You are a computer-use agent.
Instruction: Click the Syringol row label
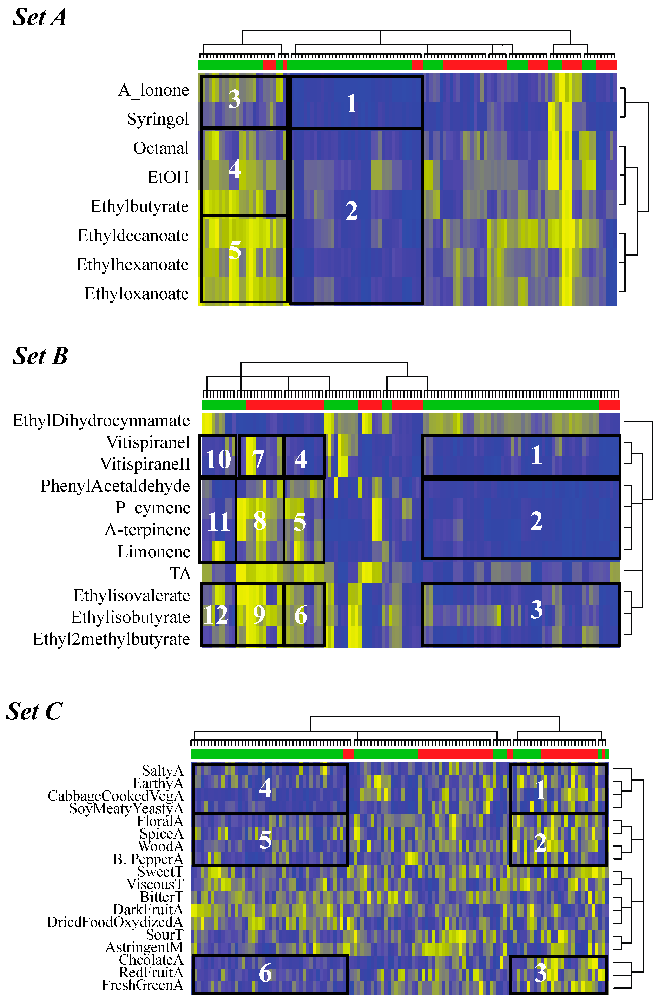coord(158,119)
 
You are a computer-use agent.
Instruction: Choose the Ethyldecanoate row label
coord(133,236)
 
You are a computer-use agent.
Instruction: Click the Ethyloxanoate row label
coord(137,294)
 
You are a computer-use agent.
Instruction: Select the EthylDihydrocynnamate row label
coord(101,421)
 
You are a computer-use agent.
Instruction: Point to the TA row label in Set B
coord(180,573)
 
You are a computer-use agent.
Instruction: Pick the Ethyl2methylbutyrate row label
coord(111,639)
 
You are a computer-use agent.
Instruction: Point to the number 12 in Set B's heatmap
coord(215,615)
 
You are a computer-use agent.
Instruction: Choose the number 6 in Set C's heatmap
coord(265,973)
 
